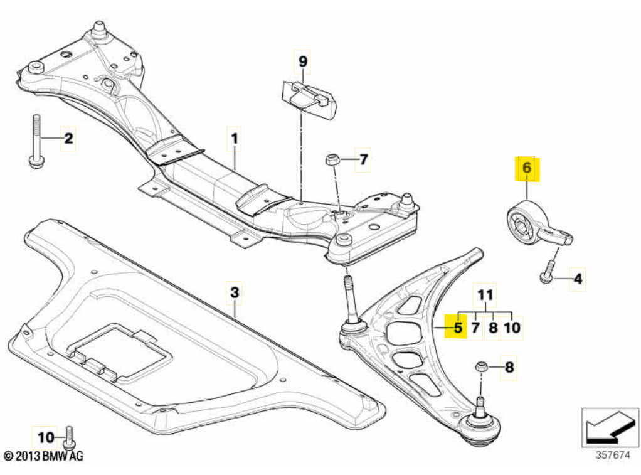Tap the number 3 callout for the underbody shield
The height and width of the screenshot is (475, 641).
point(233,292)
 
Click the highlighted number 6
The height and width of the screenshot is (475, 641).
point(526,168)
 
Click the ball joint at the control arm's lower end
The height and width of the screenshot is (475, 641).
point(482,428)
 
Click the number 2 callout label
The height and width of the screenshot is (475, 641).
point(68,138)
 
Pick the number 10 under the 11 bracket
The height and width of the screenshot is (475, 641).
point(512,327)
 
